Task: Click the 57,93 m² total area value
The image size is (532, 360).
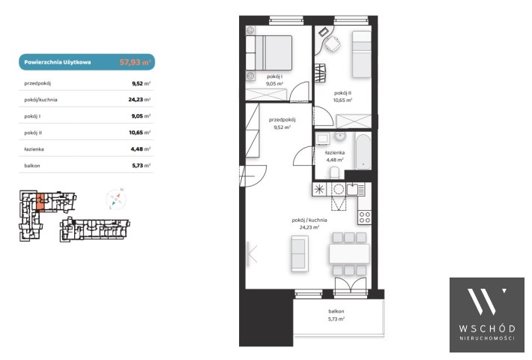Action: (x=135, y=62)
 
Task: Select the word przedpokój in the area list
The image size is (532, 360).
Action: (x=37, y=83)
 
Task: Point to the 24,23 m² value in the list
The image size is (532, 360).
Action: (x=139, y=100)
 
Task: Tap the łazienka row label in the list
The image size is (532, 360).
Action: (x=34, y=149)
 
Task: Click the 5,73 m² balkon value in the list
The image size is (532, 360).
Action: (x=141, y=166)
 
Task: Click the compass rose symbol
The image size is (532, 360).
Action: (x=115, y=199)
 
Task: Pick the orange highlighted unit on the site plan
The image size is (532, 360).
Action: (x=40, y=202)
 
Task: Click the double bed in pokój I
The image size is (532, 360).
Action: (x=269, y=53)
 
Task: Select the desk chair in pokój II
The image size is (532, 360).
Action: (x=333, y=43)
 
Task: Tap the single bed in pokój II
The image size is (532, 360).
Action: (x=362, y=54)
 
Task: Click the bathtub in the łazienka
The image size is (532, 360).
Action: (x=363, y=151)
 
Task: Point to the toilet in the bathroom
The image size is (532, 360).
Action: (x=335, y=172)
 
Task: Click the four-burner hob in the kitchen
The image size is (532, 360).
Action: (x=365, y=217)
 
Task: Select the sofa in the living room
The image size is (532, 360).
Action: (x=300, y=253)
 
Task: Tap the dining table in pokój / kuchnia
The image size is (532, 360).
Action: (x=349, y=253)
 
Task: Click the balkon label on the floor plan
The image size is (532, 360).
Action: (x=336, y=311)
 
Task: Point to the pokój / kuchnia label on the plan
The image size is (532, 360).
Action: (x=309, y=220)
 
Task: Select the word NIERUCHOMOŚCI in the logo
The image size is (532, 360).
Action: (x=487, y=338)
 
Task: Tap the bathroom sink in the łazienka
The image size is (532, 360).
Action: (x=340, y=136)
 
